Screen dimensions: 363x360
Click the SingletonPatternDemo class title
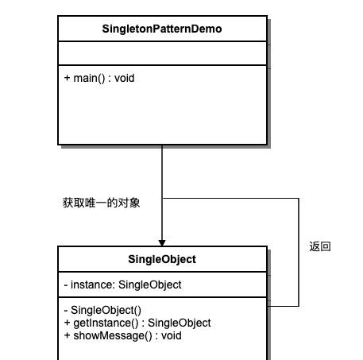162,29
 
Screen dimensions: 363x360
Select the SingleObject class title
162,259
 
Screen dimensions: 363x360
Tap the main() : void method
99,79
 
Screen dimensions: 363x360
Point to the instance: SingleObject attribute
122,285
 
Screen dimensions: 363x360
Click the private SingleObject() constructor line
102,310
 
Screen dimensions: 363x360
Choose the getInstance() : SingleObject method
137,323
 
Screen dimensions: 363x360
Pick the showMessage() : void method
123,335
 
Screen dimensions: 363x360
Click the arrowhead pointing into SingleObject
162,243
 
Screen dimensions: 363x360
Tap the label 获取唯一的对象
101,203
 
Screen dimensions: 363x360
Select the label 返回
320,246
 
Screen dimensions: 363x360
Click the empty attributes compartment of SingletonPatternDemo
162,53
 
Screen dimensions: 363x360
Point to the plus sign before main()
67,78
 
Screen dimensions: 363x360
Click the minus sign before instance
66,285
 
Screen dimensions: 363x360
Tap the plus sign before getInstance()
67,323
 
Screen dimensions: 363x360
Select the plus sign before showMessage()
67,335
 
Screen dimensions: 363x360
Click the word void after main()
125,79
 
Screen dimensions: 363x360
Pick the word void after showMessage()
172,335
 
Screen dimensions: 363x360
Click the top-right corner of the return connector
299,198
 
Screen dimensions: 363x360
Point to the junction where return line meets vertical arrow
162,198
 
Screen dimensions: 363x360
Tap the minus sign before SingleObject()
66,311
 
